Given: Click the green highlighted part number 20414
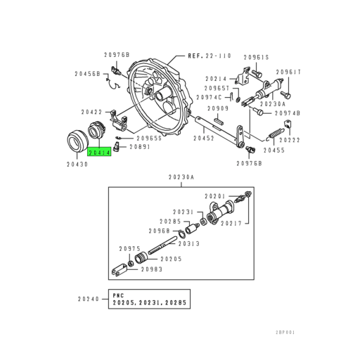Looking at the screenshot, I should click(98, 150).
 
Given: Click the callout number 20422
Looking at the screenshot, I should click(92, 111).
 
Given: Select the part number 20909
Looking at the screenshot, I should click(219, 108).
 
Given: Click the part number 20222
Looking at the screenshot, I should click(289, 140).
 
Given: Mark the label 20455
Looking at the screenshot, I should click(275, 150).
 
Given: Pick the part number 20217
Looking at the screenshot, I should click(233, 224).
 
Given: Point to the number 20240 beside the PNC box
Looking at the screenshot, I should click(89, 299).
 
